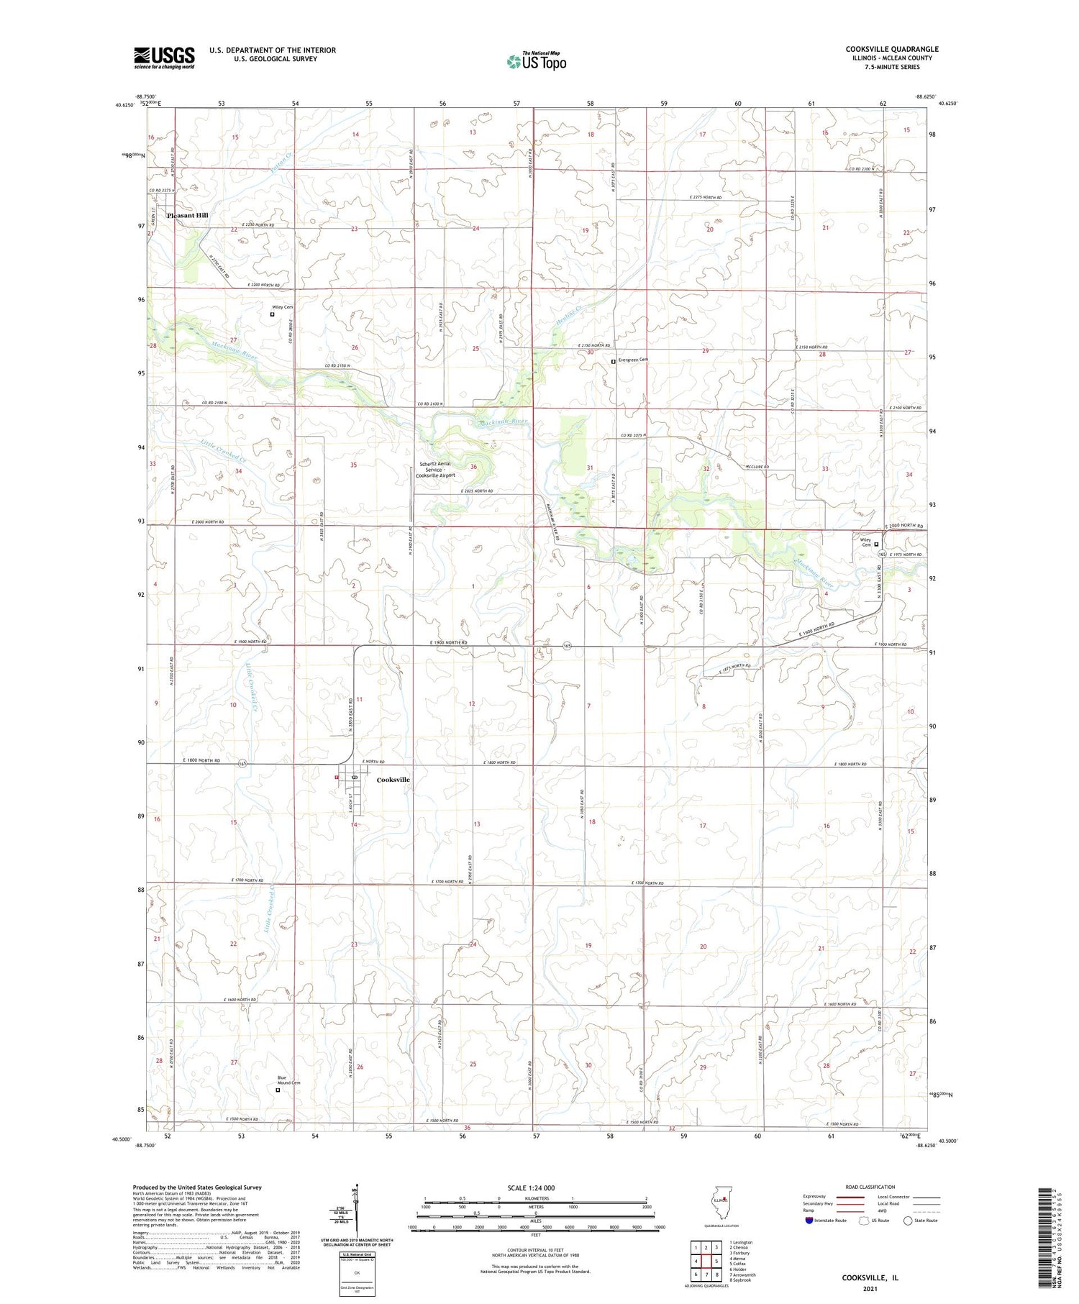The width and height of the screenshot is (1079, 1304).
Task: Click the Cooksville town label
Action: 393,780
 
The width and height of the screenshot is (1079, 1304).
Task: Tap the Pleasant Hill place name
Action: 187,215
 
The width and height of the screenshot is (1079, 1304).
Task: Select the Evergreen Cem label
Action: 634,360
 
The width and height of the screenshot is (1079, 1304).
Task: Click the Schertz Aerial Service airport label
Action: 437,470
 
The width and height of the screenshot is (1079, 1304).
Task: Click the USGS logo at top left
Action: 164,58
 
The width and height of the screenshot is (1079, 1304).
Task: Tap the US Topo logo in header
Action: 536,62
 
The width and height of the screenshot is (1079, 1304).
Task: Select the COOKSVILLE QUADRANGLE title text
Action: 892,49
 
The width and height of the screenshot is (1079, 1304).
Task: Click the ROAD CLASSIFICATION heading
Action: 870,1187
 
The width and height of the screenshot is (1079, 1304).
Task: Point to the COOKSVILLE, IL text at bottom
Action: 870,1277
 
